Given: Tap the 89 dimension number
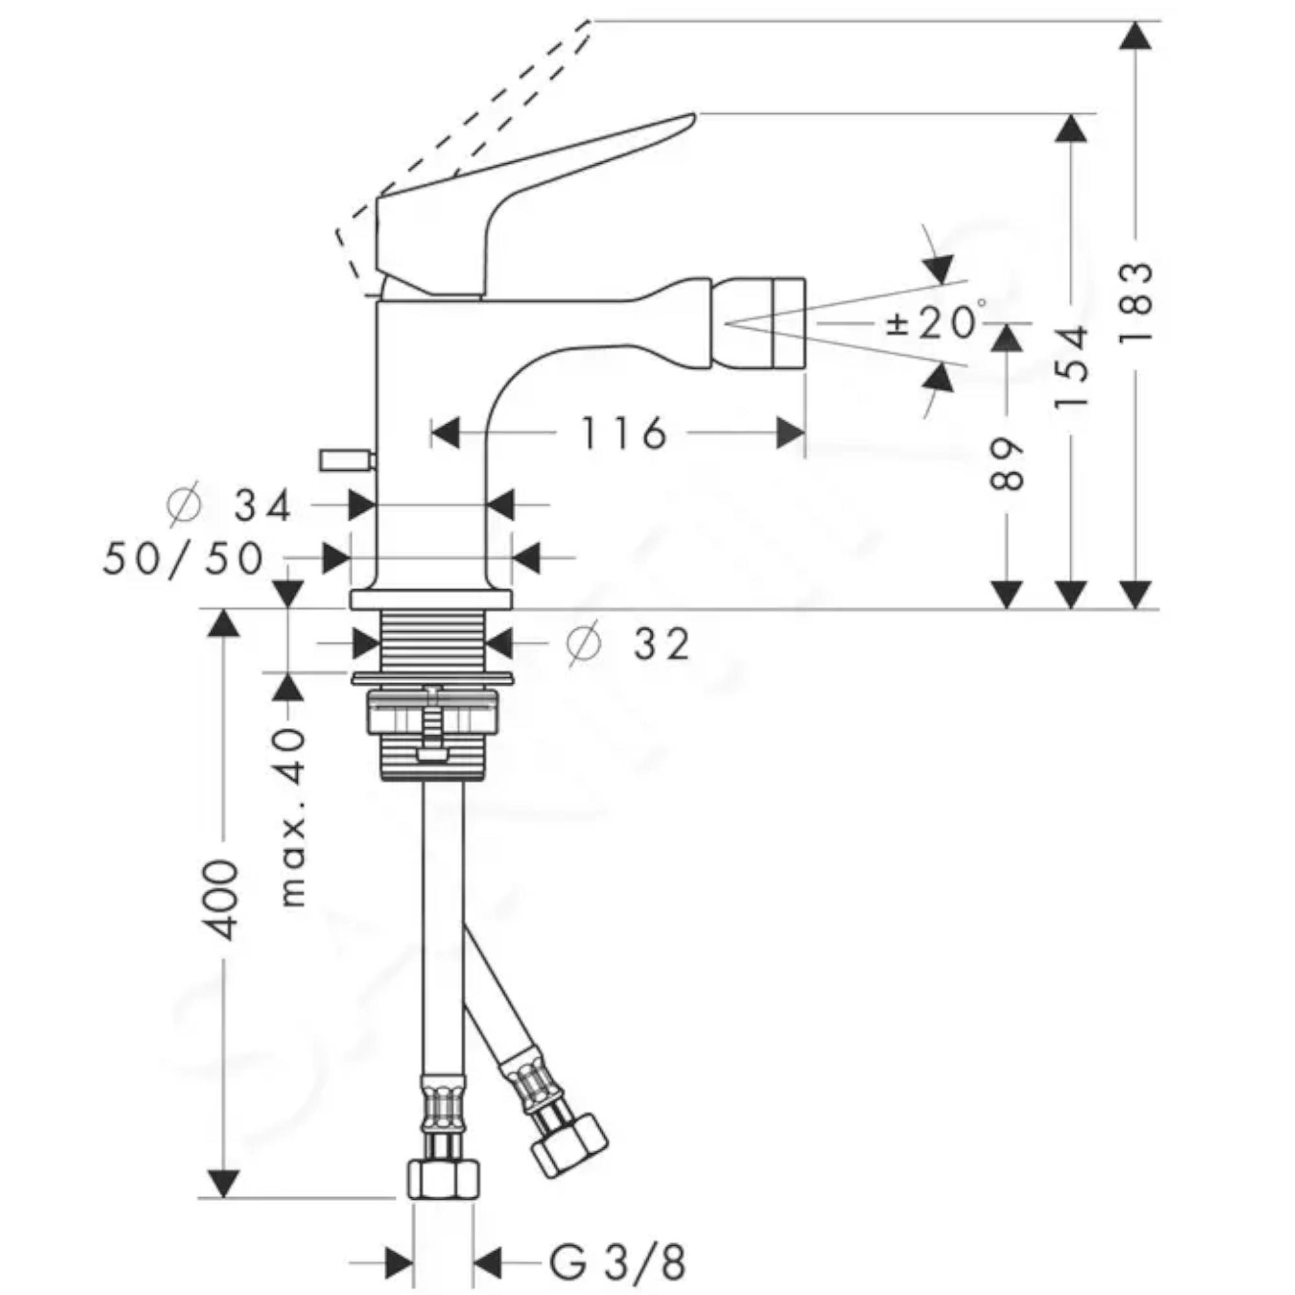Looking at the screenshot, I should [x=1007, y=464].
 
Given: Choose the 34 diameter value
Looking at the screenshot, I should [x=262, y=506].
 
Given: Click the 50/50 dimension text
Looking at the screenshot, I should [x=183, y=557].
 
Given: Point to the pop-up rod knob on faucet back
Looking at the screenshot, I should [x=347, y=460].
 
